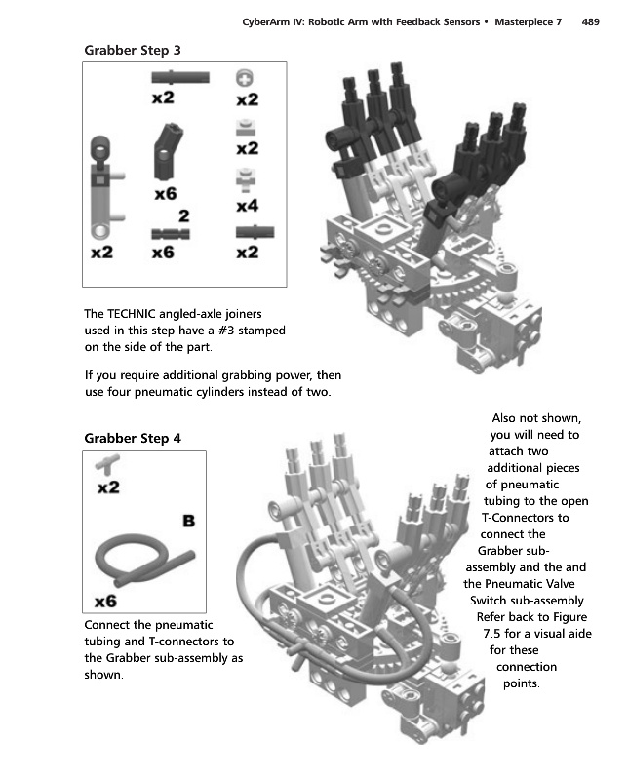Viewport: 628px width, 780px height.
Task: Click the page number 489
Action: [x=590, y=21]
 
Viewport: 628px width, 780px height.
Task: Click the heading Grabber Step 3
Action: [x=133, y=51]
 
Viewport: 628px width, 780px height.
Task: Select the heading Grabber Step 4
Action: [x=133, y=438]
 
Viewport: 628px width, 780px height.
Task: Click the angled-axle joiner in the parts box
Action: [x=168, y=152]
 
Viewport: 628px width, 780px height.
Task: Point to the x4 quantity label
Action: [x=248, y=206]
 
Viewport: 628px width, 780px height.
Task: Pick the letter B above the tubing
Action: [x=188, y=521]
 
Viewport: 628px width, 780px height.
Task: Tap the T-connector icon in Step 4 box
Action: [x=107, y=465]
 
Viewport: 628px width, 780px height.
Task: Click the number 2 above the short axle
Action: [x=184, y=215]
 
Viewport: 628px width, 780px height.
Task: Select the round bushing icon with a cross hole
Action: [x=245, y=78]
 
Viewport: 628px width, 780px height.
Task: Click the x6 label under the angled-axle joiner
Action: [x=166, y=193]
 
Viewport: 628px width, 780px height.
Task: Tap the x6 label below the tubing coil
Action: [x=105, y=602]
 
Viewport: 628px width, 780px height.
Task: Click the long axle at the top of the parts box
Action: [x=180, y=78]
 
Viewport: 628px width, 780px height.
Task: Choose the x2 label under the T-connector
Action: [x=108, y=487]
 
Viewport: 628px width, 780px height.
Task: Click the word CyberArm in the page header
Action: [x=265, y=21]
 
